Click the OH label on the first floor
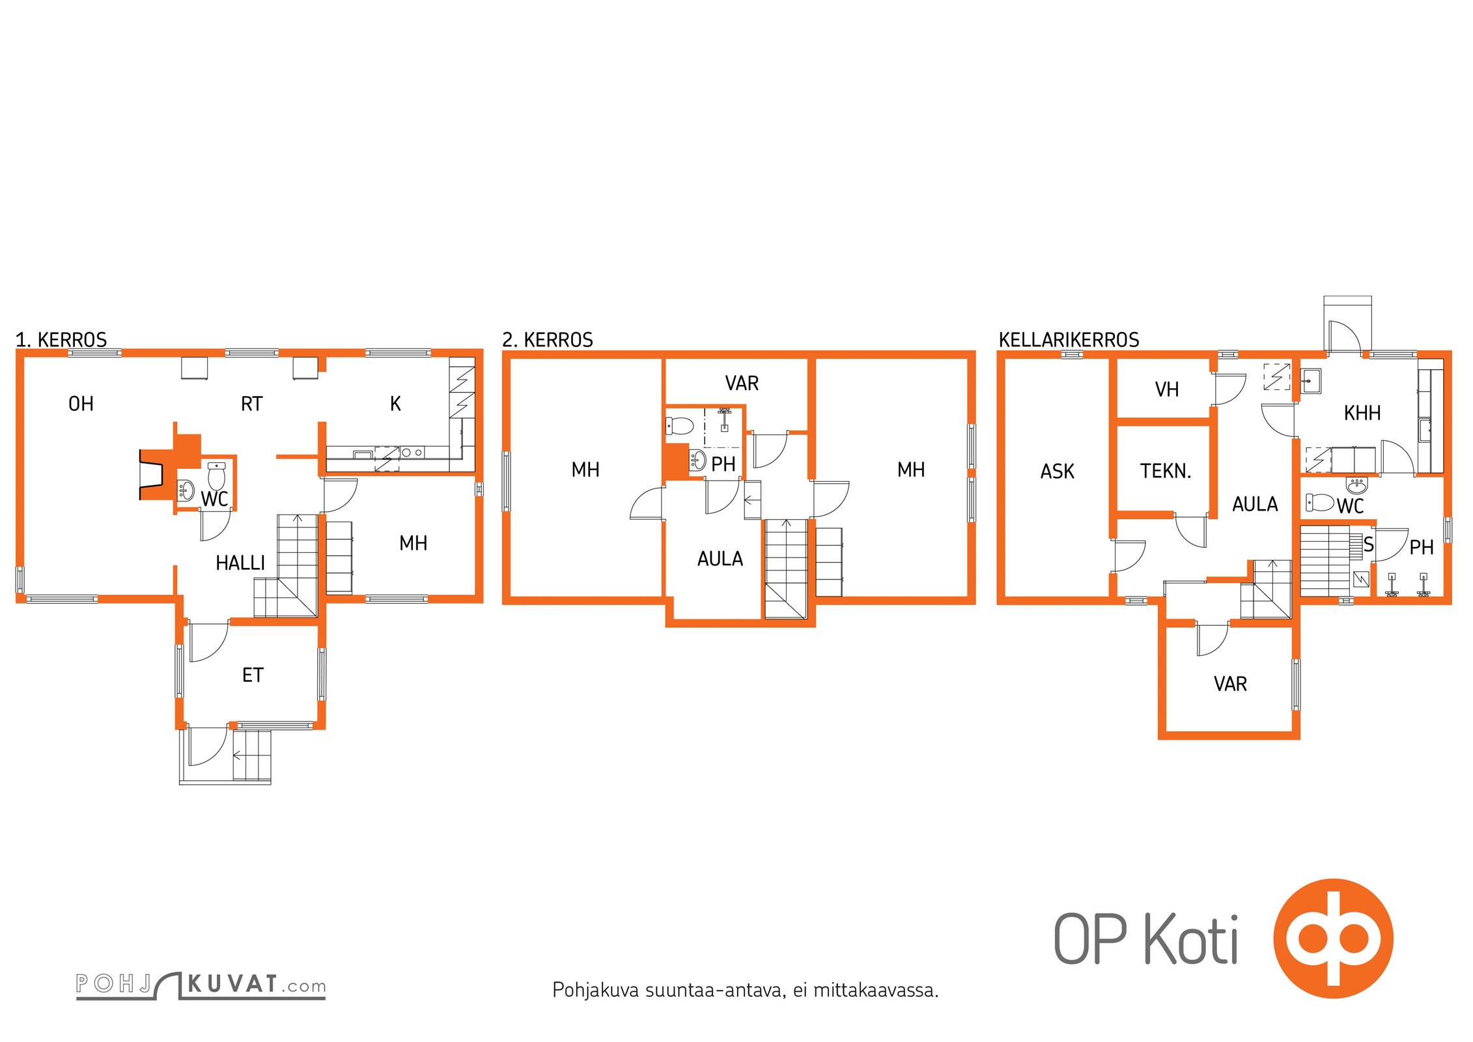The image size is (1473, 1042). pos(81,404)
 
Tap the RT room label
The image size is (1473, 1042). pos(251,404)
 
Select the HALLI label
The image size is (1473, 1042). pos(240,563)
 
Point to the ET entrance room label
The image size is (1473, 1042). pos(253,675)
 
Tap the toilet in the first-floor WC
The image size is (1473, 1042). pos(217,475)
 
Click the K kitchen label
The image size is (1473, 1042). pos(395,404)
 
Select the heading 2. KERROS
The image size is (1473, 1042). pos(548,340)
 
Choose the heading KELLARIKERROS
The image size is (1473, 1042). pos(1069,340)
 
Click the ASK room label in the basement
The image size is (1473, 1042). pos(1058,472)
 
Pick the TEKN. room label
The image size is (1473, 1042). pos(1166,472)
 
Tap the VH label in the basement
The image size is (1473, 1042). pos(1167,389)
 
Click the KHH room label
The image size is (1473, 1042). pos(1362,413)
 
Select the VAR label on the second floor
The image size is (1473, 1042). pos(742,383)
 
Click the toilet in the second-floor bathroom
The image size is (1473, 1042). pos(679,427)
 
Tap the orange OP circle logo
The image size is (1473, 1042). pos(1333,938)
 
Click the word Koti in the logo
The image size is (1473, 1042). pos(1191,939)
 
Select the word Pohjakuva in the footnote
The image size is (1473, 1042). pos(595,991)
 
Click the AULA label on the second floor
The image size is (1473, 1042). pos(720,559)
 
